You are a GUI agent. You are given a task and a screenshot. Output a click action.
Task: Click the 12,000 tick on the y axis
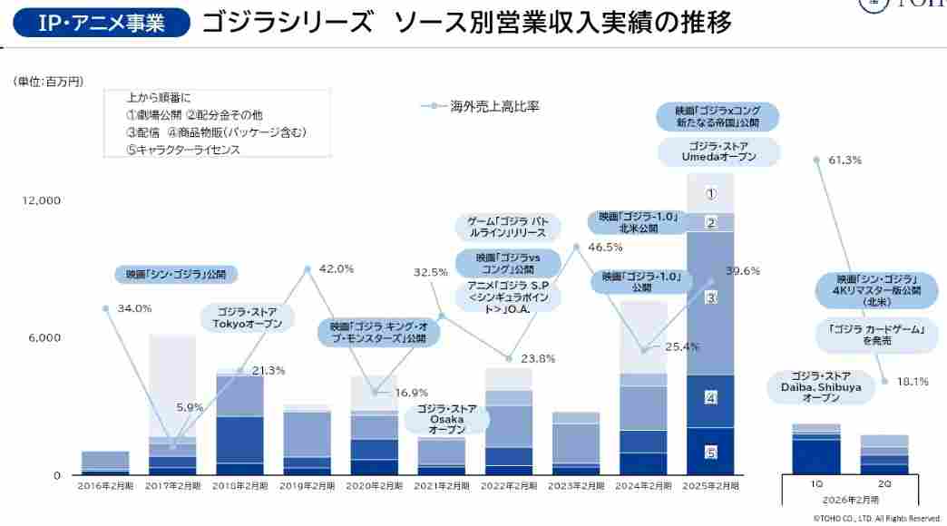(x=42, y=200)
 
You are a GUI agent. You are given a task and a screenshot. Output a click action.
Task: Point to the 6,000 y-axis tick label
(x=44, y=337)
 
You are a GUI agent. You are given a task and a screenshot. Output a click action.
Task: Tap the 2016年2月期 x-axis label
(x=105, y=486)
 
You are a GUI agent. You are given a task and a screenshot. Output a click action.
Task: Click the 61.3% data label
(x=844, y=161)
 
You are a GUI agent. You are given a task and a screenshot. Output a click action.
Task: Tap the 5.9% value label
(x=189, y=407)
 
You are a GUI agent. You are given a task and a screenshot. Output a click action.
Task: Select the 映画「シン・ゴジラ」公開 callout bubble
(x=176, y=274)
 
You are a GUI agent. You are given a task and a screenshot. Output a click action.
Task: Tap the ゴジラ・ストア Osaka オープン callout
(x=446, y=420)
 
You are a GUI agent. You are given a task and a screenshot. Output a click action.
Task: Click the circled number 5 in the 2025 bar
(x=711, y=452)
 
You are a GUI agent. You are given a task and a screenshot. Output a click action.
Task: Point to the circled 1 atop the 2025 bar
(x=711, y=193)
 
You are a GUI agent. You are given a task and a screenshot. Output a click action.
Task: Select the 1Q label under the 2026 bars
(x=816, y=484)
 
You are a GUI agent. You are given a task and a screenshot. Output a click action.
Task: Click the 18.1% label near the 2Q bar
(x=912, y=382)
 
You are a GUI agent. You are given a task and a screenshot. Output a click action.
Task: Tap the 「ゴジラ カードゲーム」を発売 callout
(x=875, y=336)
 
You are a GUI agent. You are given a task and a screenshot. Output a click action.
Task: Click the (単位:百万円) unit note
(x=48, y=82)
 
